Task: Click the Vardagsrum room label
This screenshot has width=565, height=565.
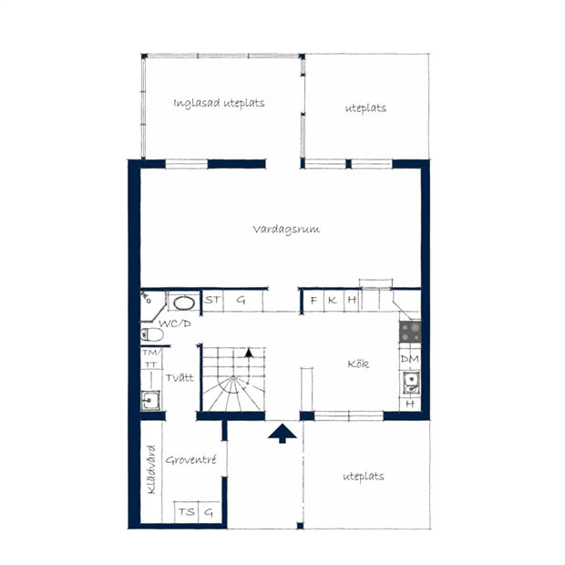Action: tap(286, 230)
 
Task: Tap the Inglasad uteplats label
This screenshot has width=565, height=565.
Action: tap(219, 103)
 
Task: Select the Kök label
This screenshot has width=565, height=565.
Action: tap(358, 364)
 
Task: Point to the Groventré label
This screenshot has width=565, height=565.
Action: tap(191, 460)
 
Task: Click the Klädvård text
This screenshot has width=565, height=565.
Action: tap(151, 469)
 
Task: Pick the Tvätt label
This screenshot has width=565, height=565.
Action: tap(180, 377)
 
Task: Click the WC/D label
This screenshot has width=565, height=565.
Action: tap(175, 324)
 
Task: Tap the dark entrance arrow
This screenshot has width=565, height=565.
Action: tap(282, 433)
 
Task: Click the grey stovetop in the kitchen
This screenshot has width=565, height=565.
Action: tap(410, 332)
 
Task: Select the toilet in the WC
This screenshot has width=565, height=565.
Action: tap(151, 334)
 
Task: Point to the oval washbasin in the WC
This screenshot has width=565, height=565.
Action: tap(184, 303)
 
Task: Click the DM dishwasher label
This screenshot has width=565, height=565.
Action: tap(410, 359)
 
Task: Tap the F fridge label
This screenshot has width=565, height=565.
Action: tap(313, 300)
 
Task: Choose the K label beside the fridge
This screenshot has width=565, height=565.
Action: tap(333, 300)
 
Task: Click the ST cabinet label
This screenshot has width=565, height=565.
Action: tap(211, 300)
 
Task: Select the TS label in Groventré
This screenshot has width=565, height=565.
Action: tap(187, 512)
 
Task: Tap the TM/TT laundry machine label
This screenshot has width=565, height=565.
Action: tap(151, 358)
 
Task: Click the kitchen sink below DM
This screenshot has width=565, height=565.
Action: tap(411, 384)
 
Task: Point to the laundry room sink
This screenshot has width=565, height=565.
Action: tap(150, 400)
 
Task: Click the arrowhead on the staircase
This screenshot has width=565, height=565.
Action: tap(249, 353)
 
